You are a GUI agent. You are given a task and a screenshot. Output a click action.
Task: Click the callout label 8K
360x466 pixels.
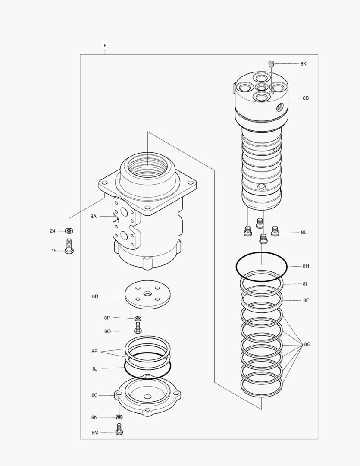point(304,63)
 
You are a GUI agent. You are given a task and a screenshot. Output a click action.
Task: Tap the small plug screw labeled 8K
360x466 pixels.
point(272,64)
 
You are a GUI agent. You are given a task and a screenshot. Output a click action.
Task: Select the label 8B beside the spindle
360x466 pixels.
point(305,98)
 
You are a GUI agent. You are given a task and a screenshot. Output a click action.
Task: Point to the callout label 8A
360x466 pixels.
point(94,217)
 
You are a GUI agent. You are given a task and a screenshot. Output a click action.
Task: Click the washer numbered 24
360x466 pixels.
point(69,231)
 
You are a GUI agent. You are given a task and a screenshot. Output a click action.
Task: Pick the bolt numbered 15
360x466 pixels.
point(69,247)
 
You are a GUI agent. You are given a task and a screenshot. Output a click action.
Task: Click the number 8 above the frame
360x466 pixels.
point(105,46)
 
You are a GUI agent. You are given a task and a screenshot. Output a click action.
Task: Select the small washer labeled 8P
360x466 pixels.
point(138,318)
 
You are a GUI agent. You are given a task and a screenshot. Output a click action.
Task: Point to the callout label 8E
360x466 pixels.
point(94,352)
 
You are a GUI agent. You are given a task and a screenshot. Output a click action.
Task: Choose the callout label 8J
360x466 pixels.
point(95,369)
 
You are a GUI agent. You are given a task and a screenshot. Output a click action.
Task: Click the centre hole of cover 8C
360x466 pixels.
point(148,396)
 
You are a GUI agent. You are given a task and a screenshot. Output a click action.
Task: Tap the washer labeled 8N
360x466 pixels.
point(119,417)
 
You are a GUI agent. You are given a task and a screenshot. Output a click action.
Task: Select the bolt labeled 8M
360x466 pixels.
point(119,429)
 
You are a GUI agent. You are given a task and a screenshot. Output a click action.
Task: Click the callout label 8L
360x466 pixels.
point(304,233)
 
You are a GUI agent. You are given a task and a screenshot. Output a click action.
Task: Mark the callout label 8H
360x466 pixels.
point(306,266)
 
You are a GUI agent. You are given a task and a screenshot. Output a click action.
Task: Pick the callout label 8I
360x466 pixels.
point(305,284)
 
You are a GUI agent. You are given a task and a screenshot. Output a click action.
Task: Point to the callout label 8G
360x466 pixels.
point(307,344)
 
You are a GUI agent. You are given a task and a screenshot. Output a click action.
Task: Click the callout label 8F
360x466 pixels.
point(306,300)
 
